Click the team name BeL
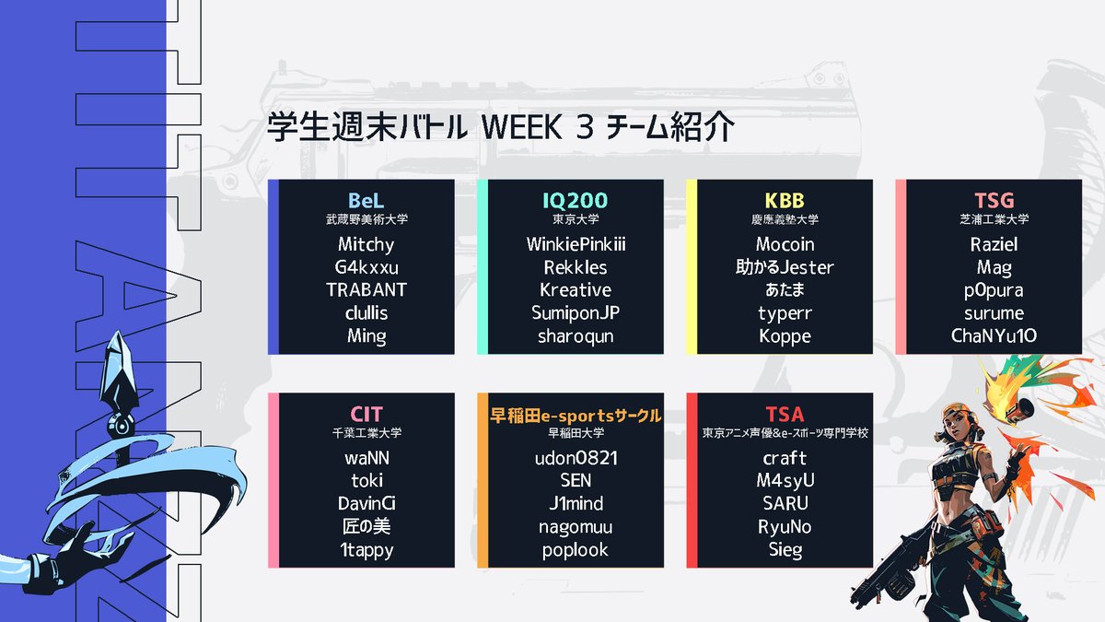[366, 201]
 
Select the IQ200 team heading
[575, 201]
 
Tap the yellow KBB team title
[785, 201]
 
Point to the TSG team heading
[994, 201]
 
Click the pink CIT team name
[366, 415]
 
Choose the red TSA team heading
[785, 415]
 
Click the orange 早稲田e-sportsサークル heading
[575, 415]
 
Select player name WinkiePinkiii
[575, 245]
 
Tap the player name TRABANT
[366, 290]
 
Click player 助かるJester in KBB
[785, 268]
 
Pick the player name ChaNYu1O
[994, 336]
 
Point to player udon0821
[575, 459]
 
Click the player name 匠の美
[366, 527]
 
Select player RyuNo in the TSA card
[785, 527]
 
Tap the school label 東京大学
[575, 220]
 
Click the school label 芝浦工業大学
[994, 220]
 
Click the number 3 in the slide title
[582, 128]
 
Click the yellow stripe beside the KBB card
[692, 267]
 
